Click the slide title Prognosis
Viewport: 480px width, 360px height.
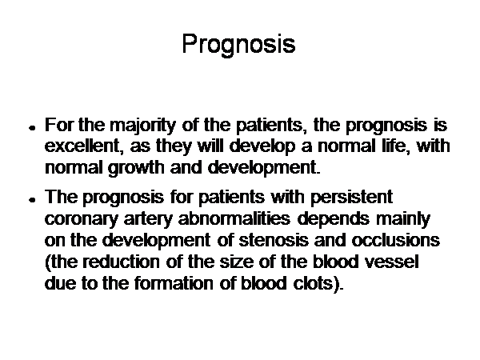[x=238, y=44]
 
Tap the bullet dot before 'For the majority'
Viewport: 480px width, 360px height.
[x=32, y=128]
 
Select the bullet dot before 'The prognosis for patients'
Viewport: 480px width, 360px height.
[x=32, y=200]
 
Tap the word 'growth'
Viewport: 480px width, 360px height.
[x=136, y=168]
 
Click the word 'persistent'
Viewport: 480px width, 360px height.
[x=352, y=198]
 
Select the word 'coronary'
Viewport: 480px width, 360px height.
[x=81, y=220]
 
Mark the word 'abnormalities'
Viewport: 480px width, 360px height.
[x=234, y=218]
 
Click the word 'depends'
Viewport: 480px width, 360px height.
[x=333, y=219]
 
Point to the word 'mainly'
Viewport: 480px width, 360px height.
[x=403, y=219]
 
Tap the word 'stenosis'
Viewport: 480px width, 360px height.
[x=274, y=240]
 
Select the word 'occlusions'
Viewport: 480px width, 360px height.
[x=395, y=240]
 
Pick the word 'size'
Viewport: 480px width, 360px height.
[x=237, y=262]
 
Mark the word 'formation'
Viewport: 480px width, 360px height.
[x=174, y=283]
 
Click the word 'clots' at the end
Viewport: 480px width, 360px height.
[x=313, y=283]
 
